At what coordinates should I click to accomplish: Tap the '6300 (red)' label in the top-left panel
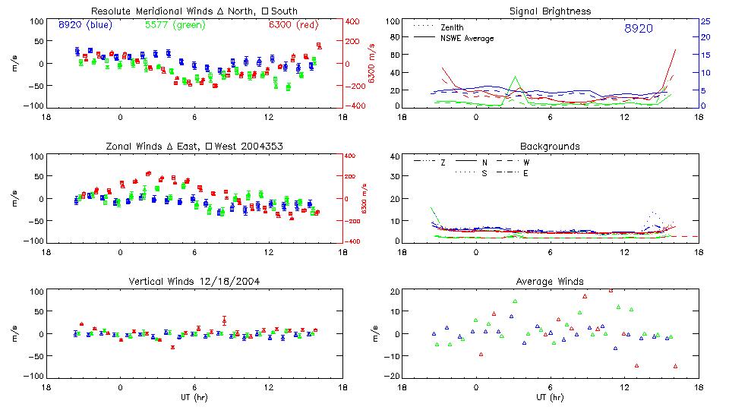pos(293,24)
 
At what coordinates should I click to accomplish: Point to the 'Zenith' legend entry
pos(452,27)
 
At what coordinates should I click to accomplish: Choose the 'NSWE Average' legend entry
pos(466,38)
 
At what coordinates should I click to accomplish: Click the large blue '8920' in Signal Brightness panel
pos(638,28)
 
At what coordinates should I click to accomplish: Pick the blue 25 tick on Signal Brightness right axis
pos(705,21)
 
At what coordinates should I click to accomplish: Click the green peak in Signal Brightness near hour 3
pos(515,77)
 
